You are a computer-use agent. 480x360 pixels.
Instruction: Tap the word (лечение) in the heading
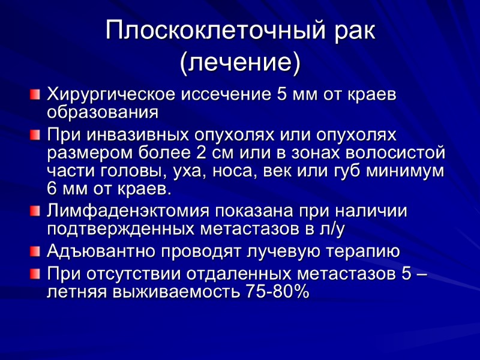pos(240,62)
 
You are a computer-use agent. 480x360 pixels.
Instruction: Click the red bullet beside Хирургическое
pos(35,94)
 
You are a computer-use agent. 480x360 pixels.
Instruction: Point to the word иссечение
pos(221,95)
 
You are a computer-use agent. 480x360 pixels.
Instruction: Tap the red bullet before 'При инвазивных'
pos(35,133)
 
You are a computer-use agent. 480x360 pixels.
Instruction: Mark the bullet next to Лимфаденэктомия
pos(35,210)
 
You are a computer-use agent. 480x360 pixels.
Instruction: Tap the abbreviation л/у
pos(331,229)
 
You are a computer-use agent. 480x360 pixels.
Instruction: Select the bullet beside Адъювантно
pos(35,249)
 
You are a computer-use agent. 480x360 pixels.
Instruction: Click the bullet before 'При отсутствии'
pos(35,274)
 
